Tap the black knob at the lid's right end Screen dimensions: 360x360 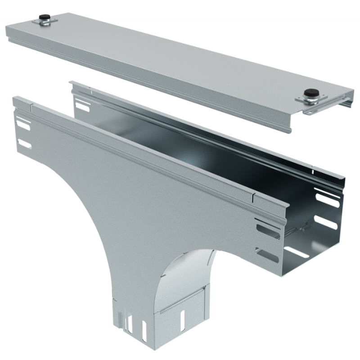tap(309, 93)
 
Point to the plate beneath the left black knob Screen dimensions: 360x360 tap(44, 23)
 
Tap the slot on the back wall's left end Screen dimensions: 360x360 tap(82, 106)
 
